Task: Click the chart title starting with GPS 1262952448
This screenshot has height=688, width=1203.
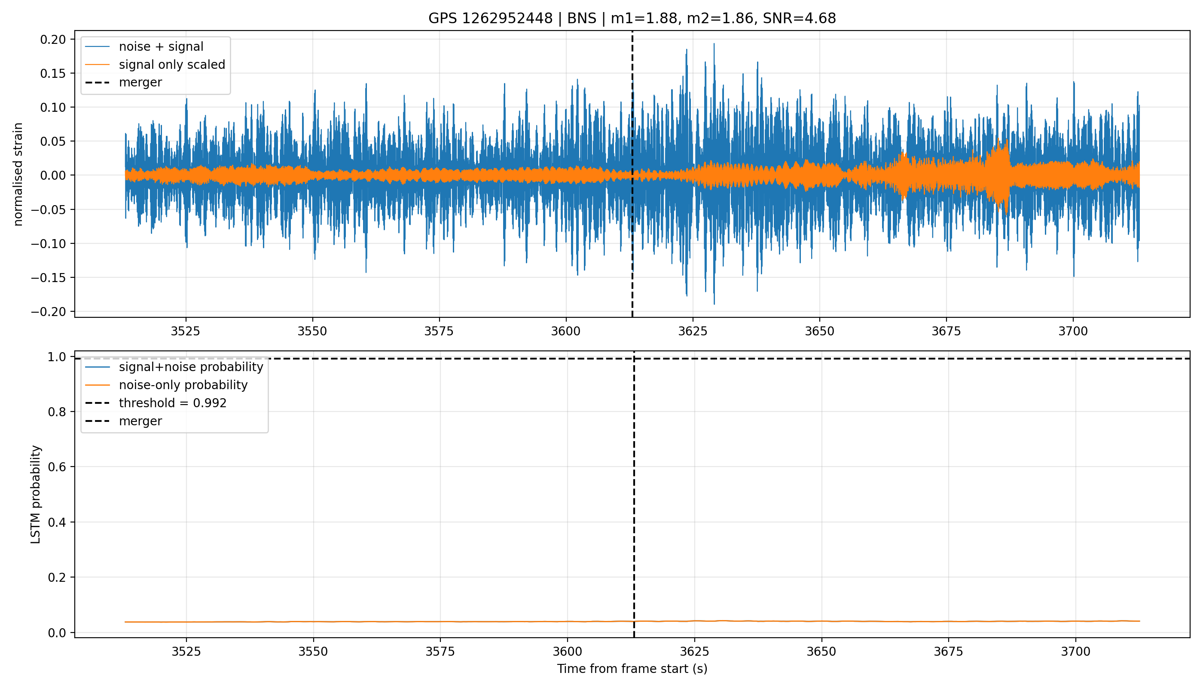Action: [x=632, y=18]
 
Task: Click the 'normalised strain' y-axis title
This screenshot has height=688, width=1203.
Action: [x=18, y=174]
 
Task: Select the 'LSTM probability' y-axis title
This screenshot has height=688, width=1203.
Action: [x=36, y=494]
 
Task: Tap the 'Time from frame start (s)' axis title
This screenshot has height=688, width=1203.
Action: [x=632, y=669]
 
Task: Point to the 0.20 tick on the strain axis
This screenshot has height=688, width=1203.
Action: [x=53, y=39]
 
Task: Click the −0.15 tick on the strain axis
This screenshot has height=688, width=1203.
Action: [x=49, y=277]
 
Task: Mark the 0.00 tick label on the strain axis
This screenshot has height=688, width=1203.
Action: [x=53, y=175]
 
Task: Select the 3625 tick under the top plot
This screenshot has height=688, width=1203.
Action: [x=693, y=331]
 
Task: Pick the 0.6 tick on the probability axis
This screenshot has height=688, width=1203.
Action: [x=57, y=467]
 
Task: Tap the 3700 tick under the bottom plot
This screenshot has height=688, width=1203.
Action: [x=1075, y=651]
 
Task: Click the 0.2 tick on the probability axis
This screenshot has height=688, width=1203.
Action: [x=57, y=577]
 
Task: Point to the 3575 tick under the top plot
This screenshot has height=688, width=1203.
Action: [x=439, y=331]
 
